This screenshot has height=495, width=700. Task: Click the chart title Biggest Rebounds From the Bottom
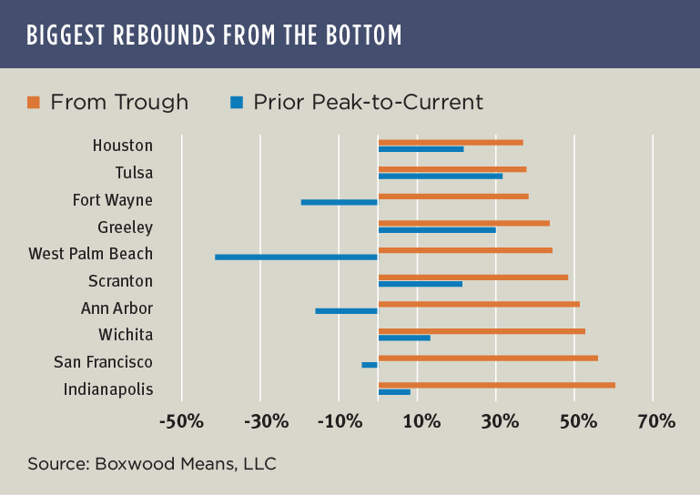[x=215, y=35]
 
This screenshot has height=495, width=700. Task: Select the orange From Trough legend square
[x=34, y=102]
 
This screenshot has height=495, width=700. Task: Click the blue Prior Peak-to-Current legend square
[x=236, y=102]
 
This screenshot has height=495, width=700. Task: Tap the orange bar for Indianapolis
[x=496, y=385]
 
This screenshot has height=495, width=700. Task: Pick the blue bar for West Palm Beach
[x=296, y=258]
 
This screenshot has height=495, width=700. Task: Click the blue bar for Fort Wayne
[x=339, y=202]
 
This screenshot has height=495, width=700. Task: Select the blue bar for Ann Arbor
[x=346, y=311]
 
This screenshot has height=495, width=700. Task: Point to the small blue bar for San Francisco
[x=370, y=365]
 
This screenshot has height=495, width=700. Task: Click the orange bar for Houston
[x=451, y=142]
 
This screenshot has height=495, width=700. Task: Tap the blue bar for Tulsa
[x=440, y=176]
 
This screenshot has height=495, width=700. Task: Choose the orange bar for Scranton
[x=472, y=278]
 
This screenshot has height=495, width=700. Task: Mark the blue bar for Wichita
[x=404, y=338]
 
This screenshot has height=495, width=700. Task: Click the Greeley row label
[x=125, y=227]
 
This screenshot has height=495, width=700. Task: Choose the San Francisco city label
[x=103, y=362]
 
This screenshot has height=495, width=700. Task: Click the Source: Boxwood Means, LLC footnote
[x=151, y=464]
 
